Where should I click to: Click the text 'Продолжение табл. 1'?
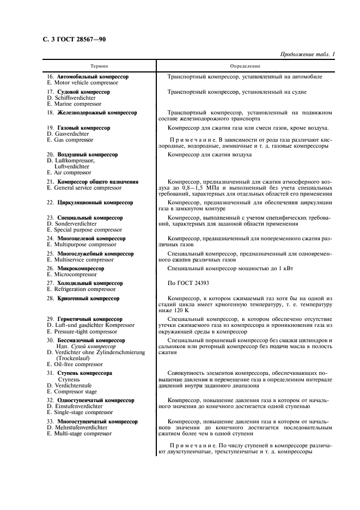click(307, 54)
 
